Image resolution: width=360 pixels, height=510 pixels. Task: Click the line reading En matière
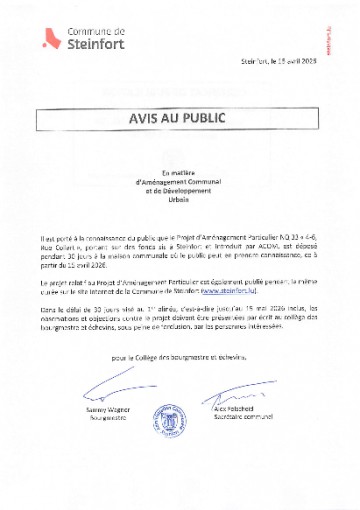180,172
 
